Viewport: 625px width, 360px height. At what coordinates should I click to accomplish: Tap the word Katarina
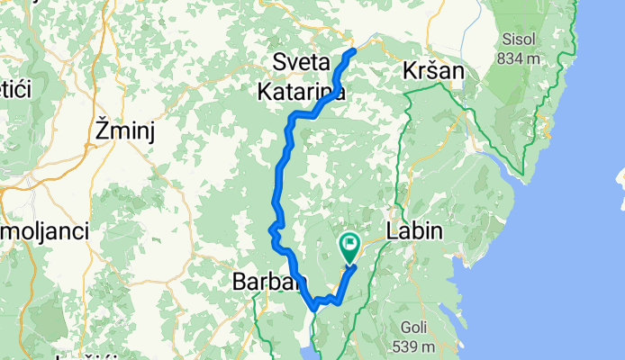[301, 91]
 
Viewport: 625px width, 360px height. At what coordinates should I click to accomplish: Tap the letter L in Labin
[392, 231]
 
